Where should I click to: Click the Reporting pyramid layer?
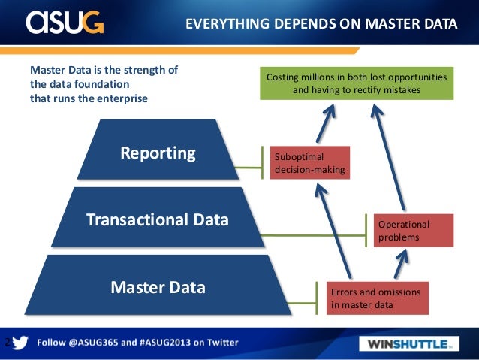[x=158, y=153]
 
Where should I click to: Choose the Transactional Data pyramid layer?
[x=158, y=219]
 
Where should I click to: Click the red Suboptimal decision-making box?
[x=309, y=162]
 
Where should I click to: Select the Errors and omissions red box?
[x=377, y=298]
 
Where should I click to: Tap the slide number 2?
[x=7, y=343]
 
